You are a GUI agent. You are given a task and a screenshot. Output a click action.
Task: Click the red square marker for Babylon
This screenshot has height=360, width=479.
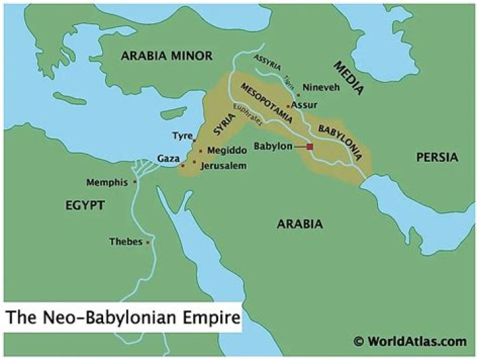tap(309, 146)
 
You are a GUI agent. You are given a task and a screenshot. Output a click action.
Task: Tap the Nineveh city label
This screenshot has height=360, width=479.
tap(320, 87)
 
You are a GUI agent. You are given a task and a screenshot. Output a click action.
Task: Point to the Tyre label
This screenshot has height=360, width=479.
tap(182, 135)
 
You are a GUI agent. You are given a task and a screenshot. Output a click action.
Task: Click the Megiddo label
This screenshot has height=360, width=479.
tap(222, 150)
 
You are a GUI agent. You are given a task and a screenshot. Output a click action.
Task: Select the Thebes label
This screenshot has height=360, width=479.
tap(126, 242)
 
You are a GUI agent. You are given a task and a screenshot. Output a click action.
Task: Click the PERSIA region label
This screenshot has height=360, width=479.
tap(437, 158)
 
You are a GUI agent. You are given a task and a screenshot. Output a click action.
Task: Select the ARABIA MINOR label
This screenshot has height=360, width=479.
tap(166, 56)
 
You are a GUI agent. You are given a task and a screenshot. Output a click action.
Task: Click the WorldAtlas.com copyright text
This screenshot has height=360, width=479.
tap(410, 341)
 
